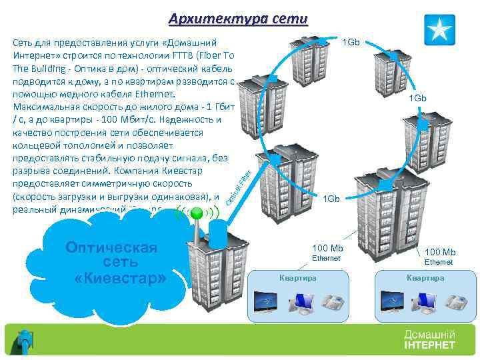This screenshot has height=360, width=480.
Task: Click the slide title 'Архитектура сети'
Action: coord(238,18)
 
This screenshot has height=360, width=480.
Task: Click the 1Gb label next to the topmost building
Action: coord(351,43)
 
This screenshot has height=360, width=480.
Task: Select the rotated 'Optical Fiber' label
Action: coord(238,187)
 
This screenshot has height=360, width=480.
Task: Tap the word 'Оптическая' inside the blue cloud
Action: coord(111,248)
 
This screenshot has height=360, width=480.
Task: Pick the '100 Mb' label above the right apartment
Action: coord(440,252)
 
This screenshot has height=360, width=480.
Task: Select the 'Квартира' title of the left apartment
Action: coord(297,277)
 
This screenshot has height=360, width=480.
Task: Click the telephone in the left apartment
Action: coord(331,303)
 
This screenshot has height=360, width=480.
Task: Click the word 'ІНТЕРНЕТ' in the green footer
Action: coord(429,345)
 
